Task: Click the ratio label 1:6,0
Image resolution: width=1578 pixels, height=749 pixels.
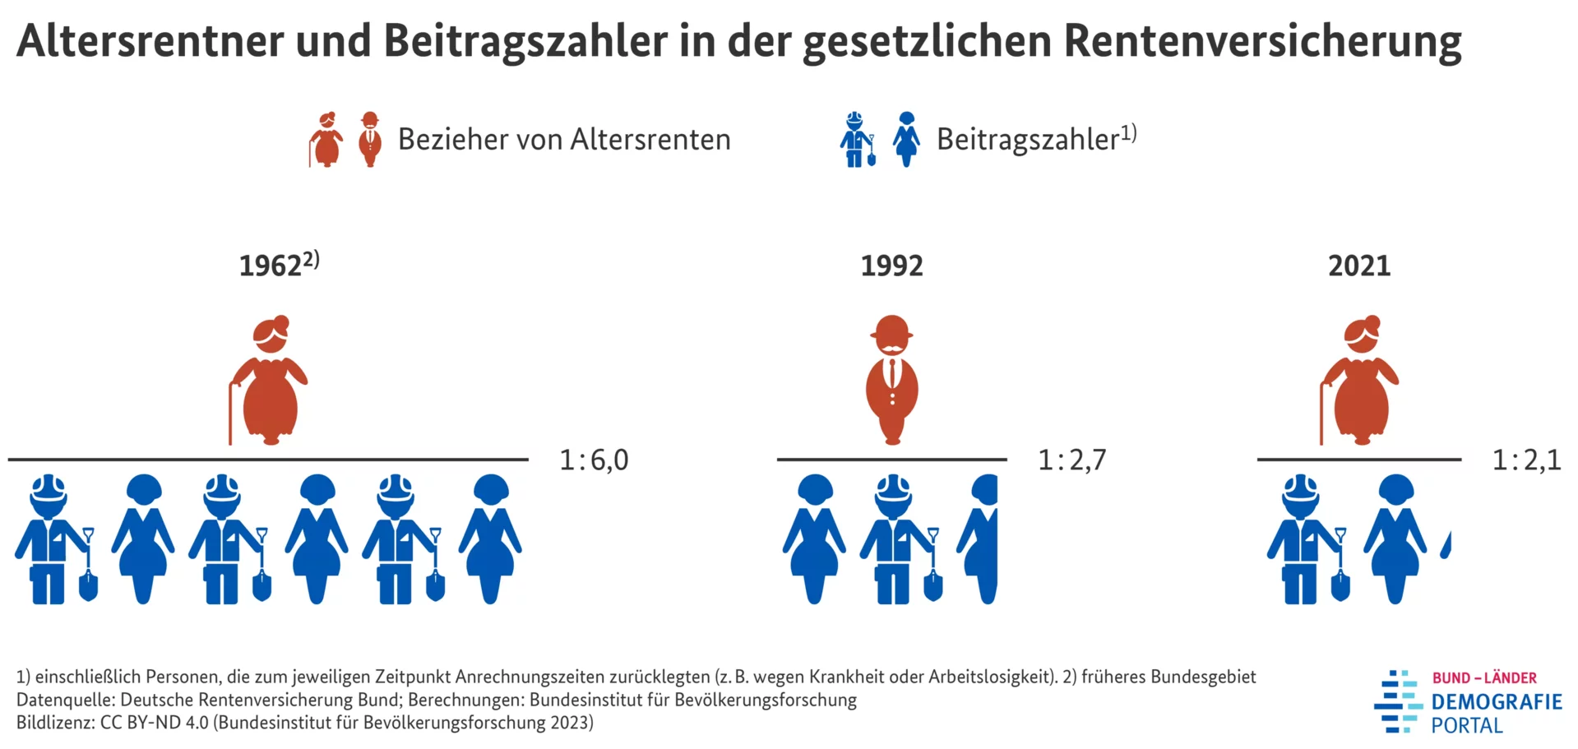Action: pyautogui.click(x=594, y=460)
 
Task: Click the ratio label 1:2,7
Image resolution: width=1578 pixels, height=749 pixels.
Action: pyautogui.click(x=1071, y=460)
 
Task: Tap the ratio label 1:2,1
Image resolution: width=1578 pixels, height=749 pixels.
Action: pyautogui.click(x=1526, y=460)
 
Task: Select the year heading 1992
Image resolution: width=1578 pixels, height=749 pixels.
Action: pyautogui.click(x=891, y=266)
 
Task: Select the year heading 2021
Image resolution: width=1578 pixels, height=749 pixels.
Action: pyautogui.click(x=1359, y=266)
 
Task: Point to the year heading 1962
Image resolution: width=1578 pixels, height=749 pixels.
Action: pyautogui.click(x=271, y=266)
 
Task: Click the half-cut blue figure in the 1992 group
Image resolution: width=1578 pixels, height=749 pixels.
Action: pyautogui.click(x=981, y=539)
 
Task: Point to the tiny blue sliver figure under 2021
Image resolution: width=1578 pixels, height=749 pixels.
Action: pyautogui.click(x=1446, y=545)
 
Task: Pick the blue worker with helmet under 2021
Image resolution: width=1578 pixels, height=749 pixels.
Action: pyautogui.click(x=1304, y=539)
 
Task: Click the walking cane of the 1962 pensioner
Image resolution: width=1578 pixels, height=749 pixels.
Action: pyautogui.click(x=231, y=415)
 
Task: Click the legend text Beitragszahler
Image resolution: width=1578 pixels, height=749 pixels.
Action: pyautogui.click(x=1028, y=140)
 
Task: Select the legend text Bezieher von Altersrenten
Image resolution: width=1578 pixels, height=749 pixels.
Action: pyautogui.click(x=564, y=140)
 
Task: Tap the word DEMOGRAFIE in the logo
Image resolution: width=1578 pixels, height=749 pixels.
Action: pyautogui.click(x=1496, y=702)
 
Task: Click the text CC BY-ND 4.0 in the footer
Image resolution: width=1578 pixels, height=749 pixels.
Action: pyautogui.click(x=155, y=723)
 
